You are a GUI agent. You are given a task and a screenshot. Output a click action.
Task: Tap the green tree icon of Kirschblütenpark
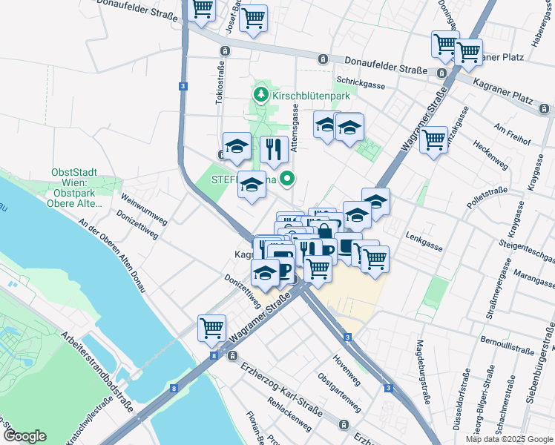[x=260, y=95]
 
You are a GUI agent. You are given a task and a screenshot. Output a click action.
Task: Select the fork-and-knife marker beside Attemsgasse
[x=274, y=150]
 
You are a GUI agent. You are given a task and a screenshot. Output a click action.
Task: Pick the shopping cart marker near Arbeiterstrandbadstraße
[x=211, y=327]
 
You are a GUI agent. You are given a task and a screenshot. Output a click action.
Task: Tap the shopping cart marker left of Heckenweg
[x=433, y=139]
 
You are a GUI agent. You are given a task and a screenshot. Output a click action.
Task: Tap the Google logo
[x=24, y=436]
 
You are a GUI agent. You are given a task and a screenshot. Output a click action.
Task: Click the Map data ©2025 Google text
[x=509, y=439]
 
